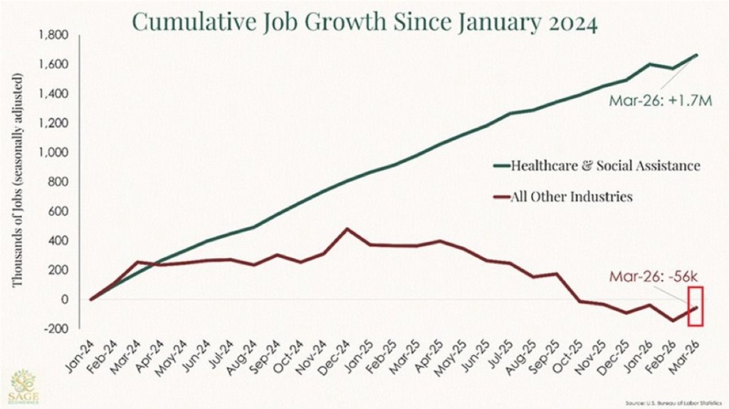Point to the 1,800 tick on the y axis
pyautogui.click(x=53, y=35)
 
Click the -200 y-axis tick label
pyautogui.click(x=56, y=329)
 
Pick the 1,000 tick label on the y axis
pyautogui.click(x=53, y=152)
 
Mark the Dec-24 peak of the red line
pyautogui.click(x=347, y=229)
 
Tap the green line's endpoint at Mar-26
pyautogui.click(x=696, y=55)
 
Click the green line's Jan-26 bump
pyautogui.click(x=650, y=64)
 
